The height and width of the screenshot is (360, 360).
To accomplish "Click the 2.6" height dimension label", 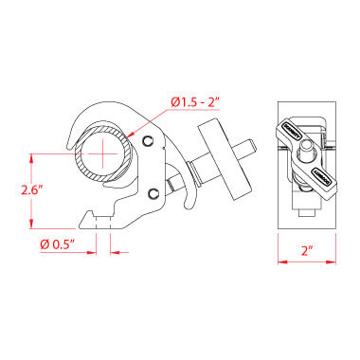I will point(32,190).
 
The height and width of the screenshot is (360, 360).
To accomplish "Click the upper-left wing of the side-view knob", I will point(290,131).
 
